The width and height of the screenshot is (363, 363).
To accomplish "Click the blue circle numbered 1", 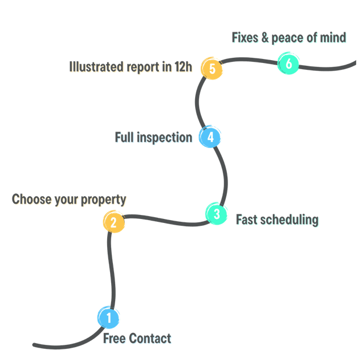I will click(108, 318).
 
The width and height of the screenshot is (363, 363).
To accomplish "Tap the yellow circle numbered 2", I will click(113, 222).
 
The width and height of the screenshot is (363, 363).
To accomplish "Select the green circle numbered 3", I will click(216, 214).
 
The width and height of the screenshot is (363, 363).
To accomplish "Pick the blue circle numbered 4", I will click(210, 137).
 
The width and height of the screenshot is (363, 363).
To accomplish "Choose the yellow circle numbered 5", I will click(212, 69).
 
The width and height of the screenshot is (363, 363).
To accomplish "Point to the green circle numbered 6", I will click(288, 64).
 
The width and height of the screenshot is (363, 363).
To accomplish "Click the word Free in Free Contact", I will click(115, 339).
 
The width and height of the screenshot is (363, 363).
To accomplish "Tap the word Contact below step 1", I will click(150, 339).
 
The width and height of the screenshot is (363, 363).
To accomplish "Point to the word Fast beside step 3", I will click(247, 220).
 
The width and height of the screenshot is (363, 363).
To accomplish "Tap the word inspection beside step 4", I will click(165, 138).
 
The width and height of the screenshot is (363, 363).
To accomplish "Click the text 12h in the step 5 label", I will click(184, 67).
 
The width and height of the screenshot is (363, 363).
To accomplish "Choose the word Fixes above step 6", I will click(246, 38).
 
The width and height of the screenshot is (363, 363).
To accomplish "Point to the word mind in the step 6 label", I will click(334, 38).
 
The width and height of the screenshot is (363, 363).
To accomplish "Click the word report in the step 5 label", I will click(143, 67).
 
